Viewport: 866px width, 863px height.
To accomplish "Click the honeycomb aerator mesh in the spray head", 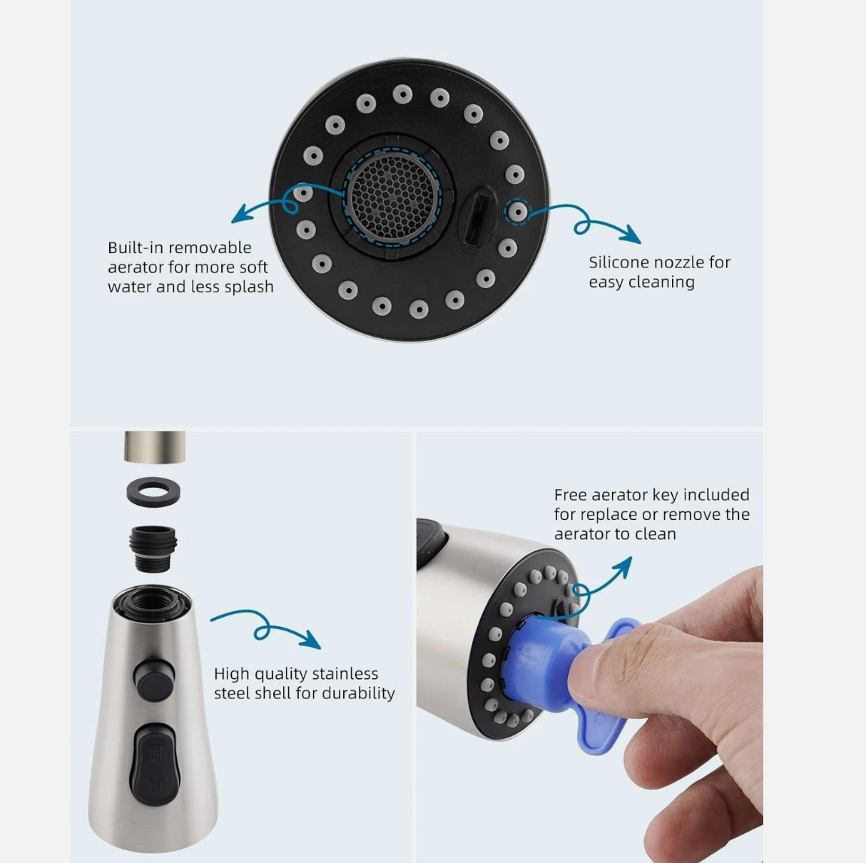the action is point(392,197).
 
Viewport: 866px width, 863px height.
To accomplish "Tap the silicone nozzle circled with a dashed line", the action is point(517,211).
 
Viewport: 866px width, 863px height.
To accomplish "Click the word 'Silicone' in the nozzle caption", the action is point(618,262).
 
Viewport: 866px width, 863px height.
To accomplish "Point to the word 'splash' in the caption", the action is point(250,287).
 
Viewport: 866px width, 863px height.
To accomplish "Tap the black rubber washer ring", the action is point(153,492).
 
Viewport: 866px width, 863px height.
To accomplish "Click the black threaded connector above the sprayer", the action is point(153,548).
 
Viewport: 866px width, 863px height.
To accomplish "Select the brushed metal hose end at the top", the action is point(155,446).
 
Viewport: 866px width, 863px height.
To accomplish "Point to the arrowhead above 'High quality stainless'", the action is point(312,640).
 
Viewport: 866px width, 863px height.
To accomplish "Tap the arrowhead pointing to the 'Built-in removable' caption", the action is point(240,214).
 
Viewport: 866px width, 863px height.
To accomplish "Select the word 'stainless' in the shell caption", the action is point(345,674).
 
